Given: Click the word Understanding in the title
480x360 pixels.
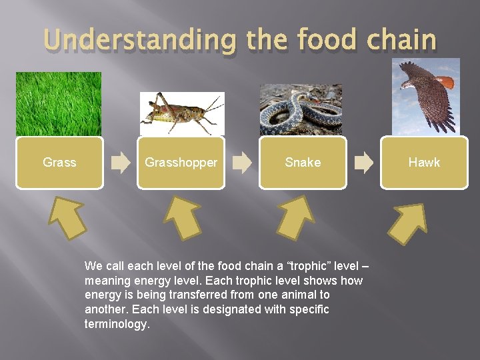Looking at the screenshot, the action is pyautogui.click(x=140, y=40).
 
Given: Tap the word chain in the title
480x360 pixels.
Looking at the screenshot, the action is pyautogui.click(x=401, y=39).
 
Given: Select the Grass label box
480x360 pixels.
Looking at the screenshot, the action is pyautogui.click(x=60, y=163).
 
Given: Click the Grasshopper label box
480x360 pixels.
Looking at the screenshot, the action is pyautogui.click(x=181, y=163).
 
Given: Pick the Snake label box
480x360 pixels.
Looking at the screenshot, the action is pyautogui.click(x=303, y=163).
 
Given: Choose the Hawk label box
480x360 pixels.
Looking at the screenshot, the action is pyautogui.click(x=424, y=163).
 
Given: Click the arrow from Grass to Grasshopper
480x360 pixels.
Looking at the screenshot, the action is pyautogui.click(x=121, y=163).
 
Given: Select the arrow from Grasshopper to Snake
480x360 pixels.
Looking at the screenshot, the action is pyautogui.click(x=242, y=163).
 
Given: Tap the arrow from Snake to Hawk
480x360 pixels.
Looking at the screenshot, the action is pyautogui.click(x=364, y=163).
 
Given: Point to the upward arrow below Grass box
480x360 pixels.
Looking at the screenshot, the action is pyautogui.click(x=67, y=217).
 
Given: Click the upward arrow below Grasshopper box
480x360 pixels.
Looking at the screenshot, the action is pyautogui.click(x=183, y=217).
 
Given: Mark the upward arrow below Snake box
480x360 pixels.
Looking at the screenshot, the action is pyautogui.click(x=296, y=217).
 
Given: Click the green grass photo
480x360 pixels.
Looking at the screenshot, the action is pyautogui.click(x=59, y=104).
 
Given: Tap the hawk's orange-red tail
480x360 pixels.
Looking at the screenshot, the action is pyautogui.click(x=445, y=82).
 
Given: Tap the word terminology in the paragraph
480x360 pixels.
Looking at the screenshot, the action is pyautogui.click(x=117, y=323).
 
